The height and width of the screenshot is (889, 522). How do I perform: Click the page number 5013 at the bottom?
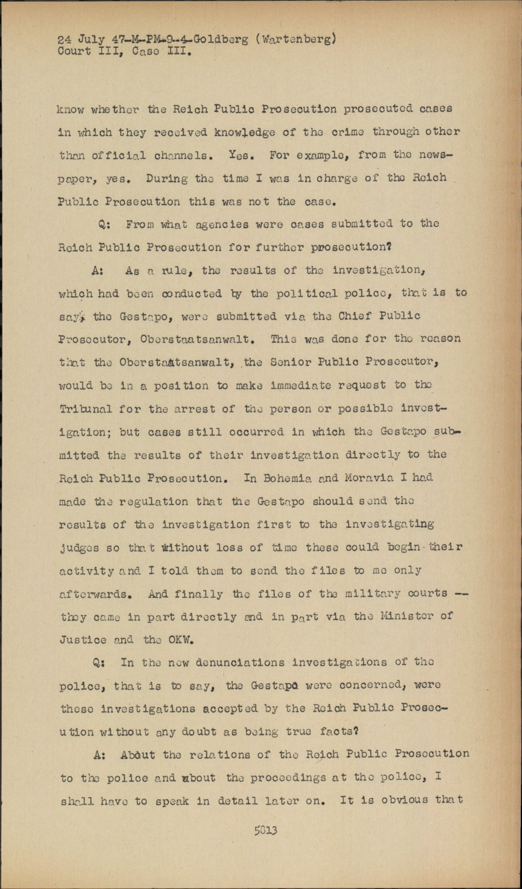tap(266, 831)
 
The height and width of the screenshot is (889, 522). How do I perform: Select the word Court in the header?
tap(74, 52)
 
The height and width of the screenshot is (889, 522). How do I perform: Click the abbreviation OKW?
tap(181, 640)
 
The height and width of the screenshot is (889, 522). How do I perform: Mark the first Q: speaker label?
tap(105, 224)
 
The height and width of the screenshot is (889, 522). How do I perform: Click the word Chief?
tap(349, 316)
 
